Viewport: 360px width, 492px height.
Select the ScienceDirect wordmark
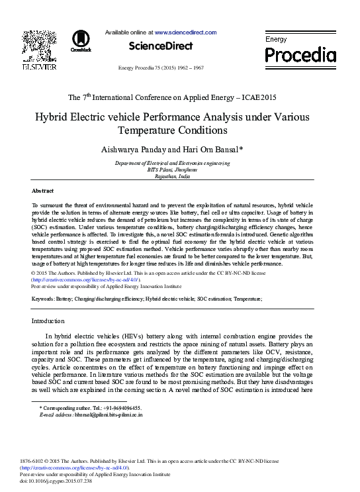[x=160, y=46]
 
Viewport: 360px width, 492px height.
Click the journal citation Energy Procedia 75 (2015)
[x=160, y=68]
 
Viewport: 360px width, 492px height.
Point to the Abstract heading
[x=43, y=190]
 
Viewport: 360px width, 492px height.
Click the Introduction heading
[x=48, y=321]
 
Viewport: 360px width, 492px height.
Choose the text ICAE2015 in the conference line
[x=259, y=97]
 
